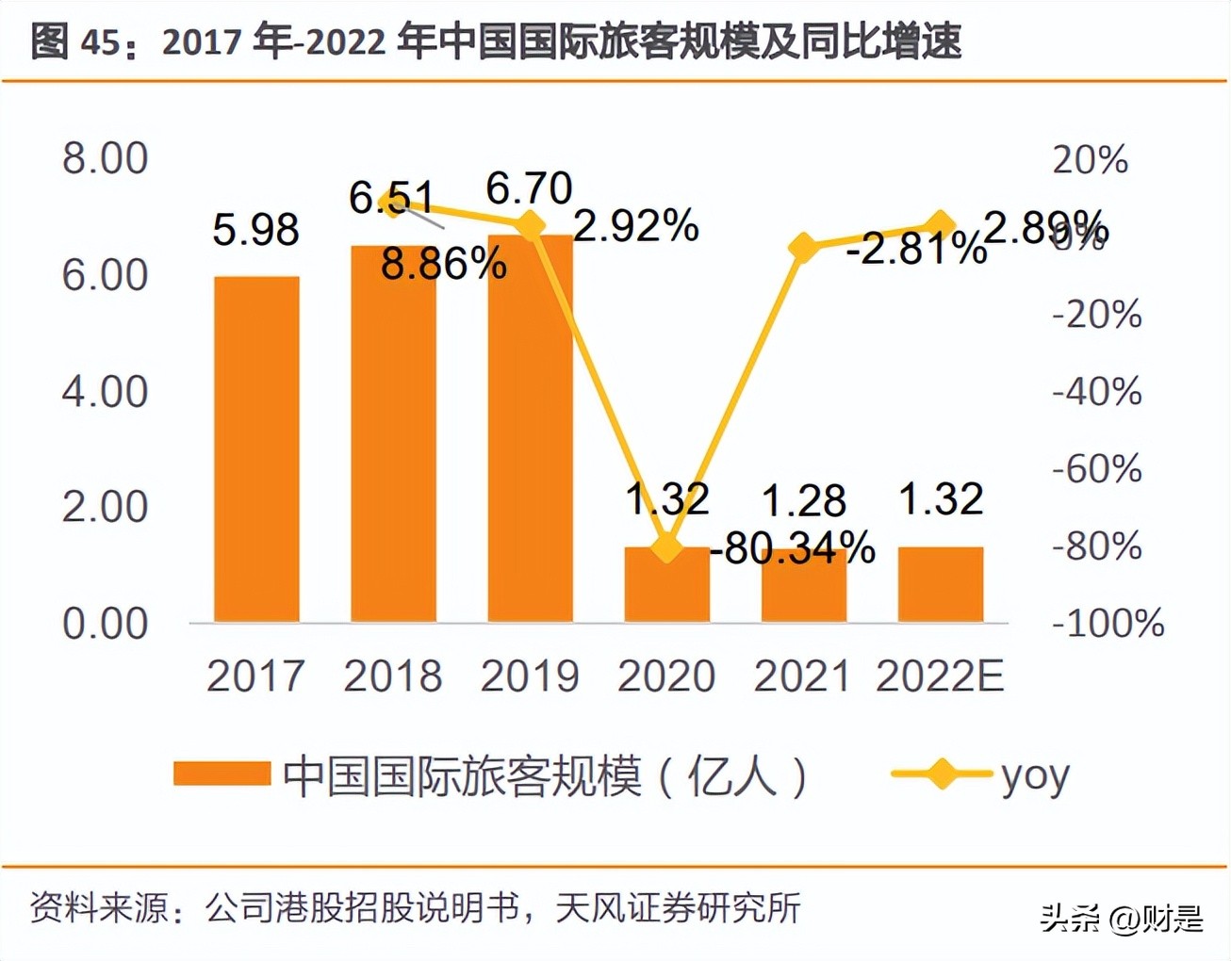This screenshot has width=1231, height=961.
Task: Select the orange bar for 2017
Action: pos(256,449)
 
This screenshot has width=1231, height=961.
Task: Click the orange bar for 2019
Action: pos(530,429)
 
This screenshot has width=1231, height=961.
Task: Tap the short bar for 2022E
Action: pos(941,584)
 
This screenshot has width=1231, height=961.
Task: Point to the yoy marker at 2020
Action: pos(667,547)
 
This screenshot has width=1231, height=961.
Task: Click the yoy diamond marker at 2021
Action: pos(803,248)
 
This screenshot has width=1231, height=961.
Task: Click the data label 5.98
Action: pos(255,230)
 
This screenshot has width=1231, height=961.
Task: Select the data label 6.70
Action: pos(529,188)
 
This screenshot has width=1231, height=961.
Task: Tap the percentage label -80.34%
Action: pos(793,547)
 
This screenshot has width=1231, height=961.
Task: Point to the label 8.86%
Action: pos(443,265)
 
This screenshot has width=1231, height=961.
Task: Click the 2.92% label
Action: pos(636,226)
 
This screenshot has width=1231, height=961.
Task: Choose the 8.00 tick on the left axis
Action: pos(105,158)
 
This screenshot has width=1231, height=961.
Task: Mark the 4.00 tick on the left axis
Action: pos(105,391)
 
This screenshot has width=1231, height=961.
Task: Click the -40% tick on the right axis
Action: pos(1096,391)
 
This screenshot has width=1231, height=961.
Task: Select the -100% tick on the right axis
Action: pos(1108,623)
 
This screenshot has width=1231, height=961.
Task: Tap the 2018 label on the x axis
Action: pos(392,676)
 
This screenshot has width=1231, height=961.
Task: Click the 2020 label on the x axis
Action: pos(666,676)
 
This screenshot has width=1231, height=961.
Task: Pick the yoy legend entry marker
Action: pos(941,774)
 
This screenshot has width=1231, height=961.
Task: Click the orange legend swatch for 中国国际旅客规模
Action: pos(222,774)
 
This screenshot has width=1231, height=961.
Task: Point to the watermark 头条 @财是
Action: pos(1122,917)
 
